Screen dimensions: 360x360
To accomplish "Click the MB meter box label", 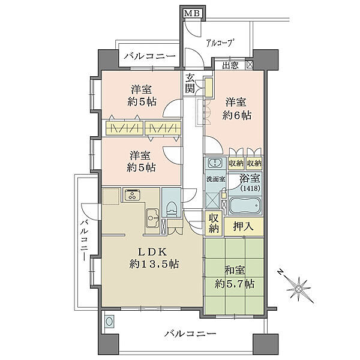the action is click(x=193, y=13).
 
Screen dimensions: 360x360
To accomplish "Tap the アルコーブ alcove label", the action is click(x=219, y=43).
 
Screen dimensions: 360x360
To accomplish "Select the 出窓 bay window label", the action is click(x=230, y=66).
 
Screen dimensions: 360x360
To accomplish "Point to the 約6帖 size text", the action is click(x=236, y=115).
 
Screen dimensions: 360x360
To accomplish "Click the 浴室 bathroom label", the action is click(x=250, y=178).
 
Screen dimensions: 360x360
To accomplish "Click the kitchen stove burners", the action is click(x=132, y=194).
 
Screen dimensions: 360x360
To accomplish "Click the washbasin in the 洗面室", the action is click(x=215, y=163).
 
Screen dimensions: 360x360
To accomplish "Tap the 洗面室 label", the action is click(x=216, y=179).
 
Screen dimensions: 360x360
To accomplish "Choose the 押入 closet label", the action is click(x=244, y=226).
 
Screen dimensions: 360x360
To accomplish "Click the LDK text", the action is click(x=152, y=252).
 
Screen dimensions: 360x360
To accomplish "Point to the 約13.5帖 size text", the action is click(x=154, y=265).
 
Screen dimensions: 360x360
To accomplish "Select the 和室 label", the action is click(x=235, y=271).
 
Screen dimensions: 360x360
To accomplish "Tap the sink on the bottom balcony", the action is click(x=109, y=322).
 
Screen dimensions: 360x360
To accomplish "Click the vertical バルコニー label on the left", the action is click(x=85, y=240).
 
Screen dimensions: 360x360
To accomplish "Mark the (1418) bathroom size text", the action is click(x=250, y=188).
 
